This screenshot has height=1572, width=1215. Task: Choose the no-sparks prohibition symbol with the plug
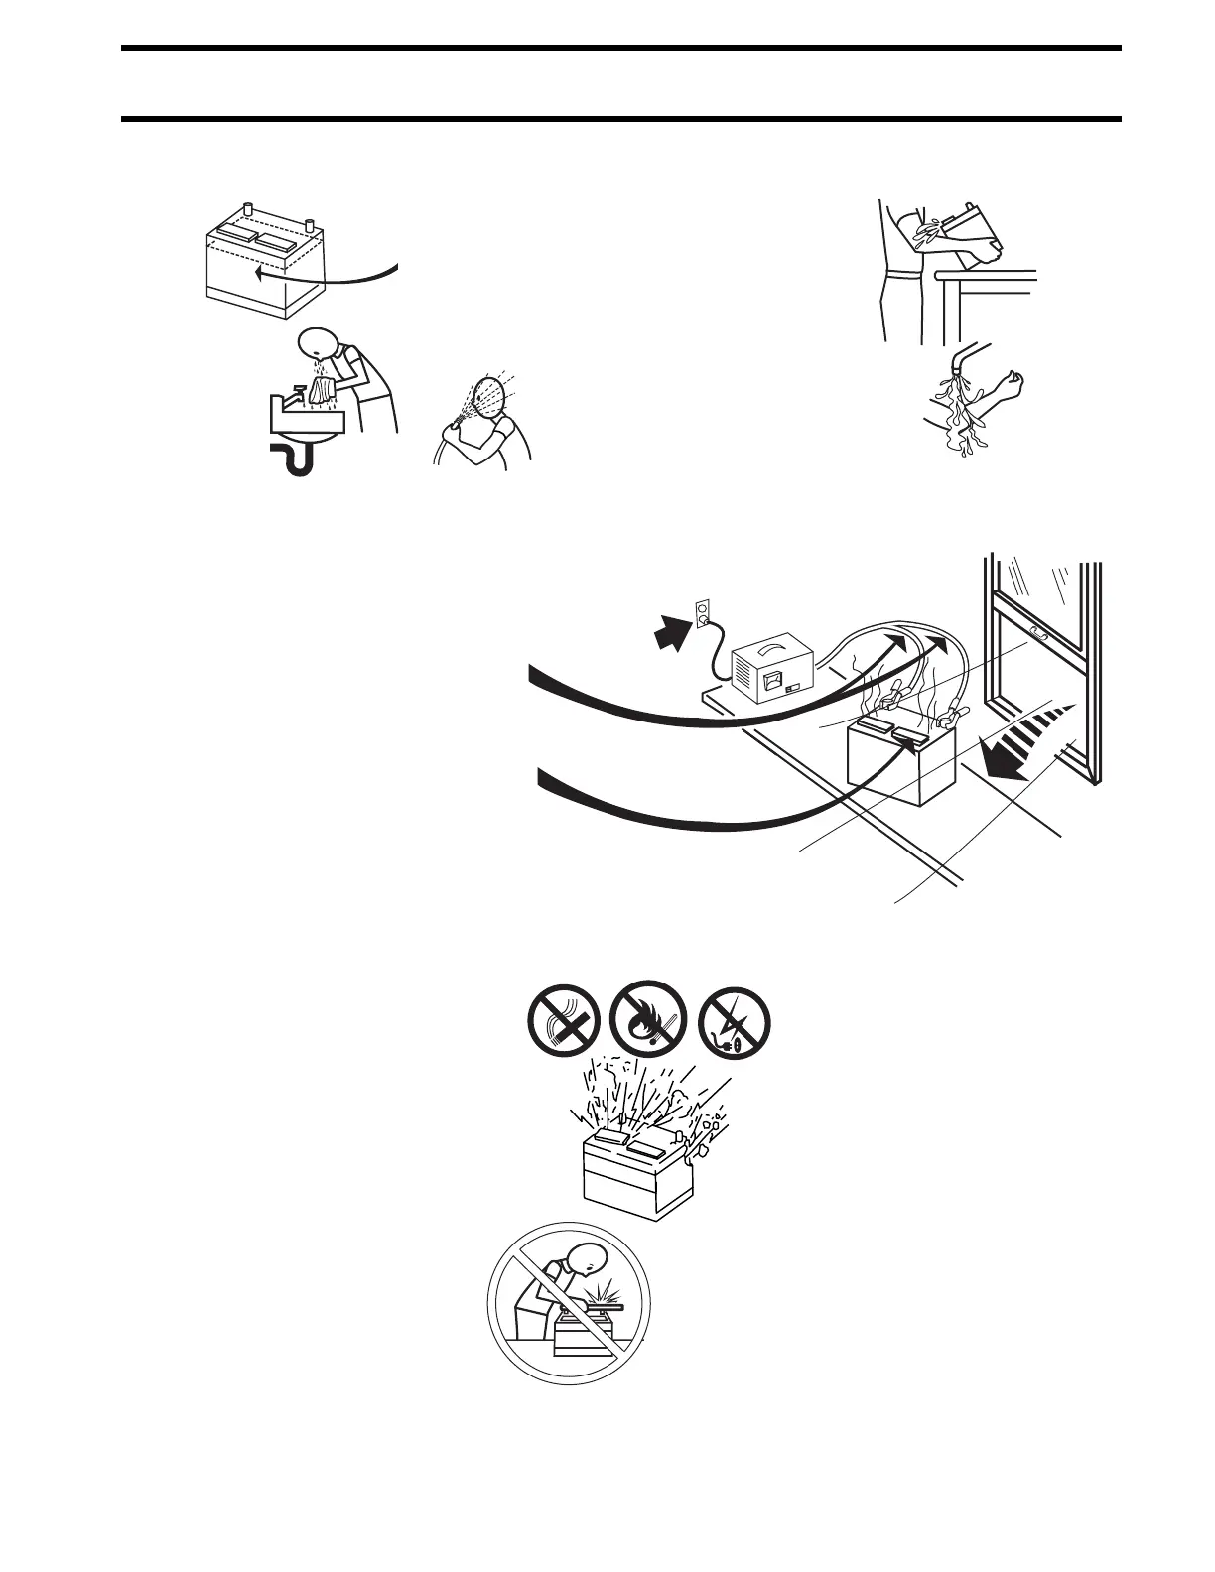coord(735,1024)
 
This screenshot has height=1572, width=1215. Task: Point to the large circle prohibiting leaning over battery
coord(567,1302)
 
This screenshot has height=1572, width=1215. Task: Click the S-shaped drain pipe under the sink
coord(294,458)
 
